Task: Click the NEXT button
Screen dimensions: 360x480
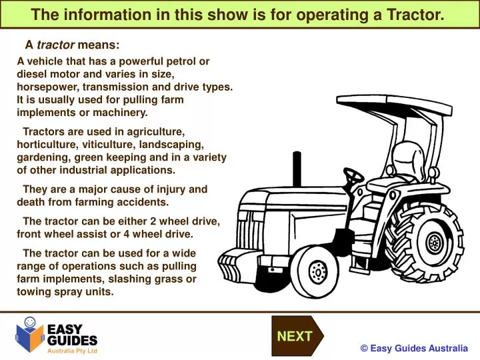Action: coord(295,337)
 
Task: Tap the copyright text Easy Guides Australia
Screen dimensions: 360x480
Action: coord(414,348)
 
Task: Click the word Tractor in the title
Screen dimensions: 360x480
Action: coord(416,14)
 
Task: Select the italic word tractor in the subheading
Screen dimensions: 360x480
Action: coord(55,45)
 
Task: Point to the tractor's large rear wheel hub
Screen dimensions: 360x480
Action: coord(435,241)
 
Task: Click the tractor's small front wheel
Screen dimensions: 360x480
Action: coord(319,270)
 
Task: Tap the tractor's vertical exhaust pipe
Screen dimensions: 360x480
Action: coord(295,171)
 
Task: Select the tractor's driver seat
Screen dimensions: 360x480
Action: coord(400,167)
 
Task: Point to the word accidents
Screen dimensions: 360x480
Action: coord(143,202)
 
